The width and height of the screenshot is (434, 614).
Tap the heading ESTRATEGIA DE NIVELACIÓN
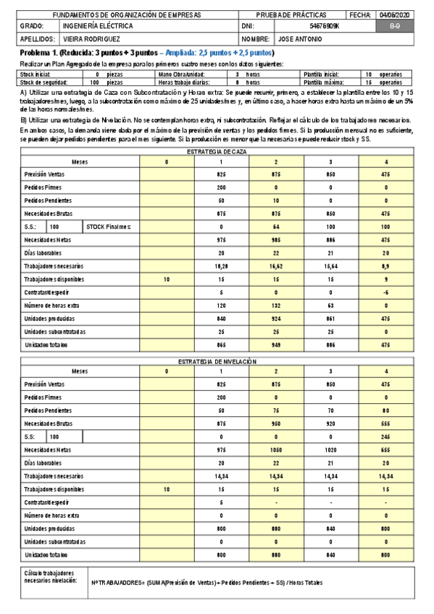[217, 360]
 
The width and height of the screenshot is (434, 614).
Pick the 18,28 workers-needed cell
[222, 266]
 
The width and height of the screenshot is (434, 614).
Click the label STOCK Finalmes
[109, 227]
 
